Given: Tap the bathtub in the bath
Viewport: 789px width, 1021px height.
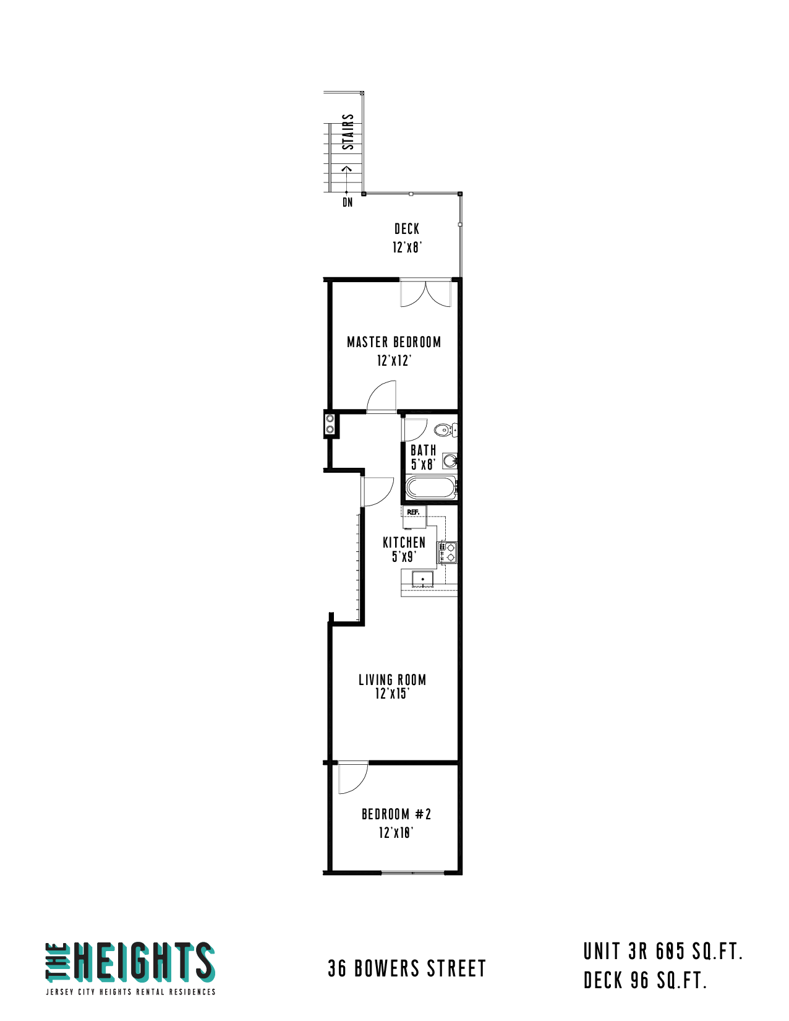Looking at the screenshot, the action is coord(430,487).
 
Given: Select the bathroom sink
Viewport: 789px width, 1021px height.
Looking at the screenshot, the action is coord(450,460).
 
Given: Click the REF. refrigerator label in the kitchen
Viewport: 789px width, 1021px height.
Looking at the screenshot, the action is coord(412,512).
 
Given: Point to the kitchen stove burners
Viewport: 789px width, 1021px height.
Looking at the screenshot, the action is coord(447,552).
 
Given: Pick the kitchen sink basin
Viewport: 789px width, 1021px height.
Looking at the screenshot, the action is coord(422,579).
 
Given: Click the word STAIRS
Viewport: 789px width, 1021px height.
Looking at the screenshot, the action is coord(348,132).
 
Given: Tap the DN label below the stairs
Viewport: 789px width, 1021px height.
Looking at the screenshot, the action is coord(348,202).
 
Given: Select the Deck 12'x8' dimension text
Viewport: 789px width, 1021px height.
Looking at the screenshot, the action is coord(407,247).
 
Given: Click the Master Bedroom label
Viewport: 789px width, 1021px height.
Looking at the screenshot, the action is coord(394,342).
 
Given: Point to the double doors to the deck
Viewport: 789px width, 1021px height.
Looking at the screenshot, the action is coord(425,293).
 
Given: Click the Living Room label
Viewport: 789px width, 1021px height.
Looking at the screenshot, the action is coord(393,680).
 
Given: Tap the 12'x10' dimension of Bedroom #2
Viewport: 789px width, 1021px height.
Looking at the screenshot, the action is coord(396,833).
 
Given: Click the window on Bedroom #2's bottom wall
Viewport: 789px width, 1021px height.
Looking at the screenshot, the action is coord(412,872).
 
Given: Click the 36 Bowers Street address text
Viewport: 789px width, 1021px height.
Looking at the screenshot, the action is coord(406,968).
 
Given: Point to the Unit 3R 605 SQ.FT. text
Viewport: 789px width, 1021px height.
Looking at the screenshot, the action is coord(663,952).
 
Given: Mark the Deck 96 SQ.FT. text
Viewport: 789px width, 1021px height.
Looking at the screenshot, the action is coord(646,981).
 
